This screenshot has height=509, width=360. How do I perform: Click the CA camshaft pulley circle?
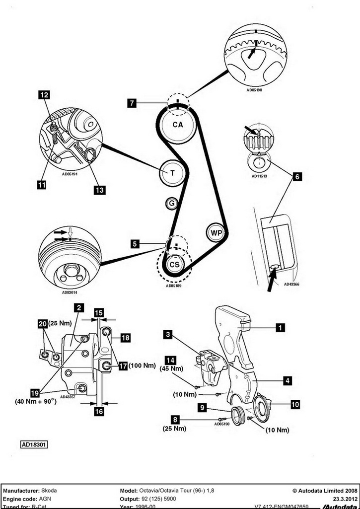(x=177, y=125)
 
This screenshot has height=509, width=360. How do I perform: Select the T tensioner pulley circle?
(x=172, y=173)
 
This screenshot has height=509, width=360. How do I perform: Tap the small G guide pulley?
(x=171, y=203)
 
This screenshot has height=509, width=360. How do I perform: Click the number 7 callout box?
(x=132, y=103)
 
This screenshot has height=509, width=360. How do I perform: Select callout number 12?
(x=44, y=94)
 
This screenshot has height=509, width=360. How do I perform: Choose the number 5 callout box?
(x=134, y=244)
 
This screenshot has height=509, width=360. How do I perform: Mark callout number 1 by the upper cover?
(x=281, y=327)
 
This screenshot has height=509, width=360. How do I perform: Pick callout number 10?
(x=295, y=405)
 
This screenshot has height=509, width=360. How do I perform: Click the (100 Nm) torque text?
(x=143, y=366)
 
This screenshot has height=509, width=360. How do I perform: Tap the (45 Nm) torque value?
(x=170, y=369)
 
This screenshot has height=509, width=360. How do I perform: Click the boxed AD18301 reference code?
(x=34, y=445)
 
